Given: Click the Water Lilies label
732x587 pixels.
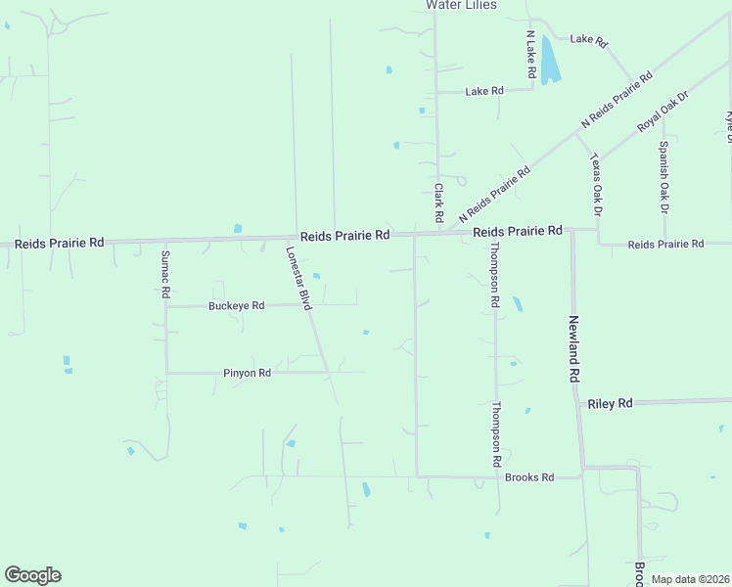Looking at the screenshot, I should pyautogui.click(x=461, y=5).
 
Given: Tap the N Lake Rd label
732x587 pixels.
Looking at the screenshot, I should pyautogui.click(x=529, y=54).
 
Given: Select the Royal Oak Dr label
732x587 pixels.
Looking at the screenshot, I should pyautogui.click(x=663, y=112).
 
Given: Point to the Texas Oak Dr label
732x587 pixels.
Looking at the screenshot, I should pyautogui.click(x=597, y=184).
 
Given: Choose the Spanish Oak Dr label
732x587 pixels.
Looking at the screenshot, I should pyautogui.click(x=663, y=177).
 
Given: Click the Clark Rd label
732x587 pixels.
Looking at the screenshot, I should pyautogui.click(x=439, y=201).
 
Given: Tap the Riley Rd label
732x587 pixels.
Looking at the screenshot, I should pyautogui.click(x=610, y=403).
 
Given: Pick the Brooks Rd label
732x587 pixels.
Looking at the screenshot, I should pyautogui.click(x=529, y=477).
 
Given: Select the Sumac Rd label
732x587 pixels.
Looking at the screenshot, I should pyautogui.click(x=165, y=274).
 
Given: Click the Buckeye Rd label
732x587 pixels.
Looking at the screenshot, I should pyautogui.click(x=237, y=305).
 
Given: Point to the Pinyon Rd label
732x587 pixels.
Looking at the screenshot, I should pyautogui.click(x=247, y=373).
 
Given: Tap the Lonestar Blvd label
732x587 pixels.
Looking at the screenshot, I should pyautogui.click(x=297, y=277).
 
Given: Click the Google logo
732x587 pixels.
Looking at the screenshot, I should pyautogui.click(x=32, y=575).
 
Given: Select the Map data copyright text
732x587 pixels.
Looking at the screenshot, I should pyautogui.click(x=690, y=579).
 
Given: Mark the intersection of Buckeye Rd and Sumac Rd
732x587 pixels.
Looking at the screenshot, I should pyautogui.click(x=166, y=306).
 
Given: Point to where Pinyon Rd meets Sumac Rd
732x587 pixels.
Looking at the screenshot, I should pyautogui.click(x=166, y=373).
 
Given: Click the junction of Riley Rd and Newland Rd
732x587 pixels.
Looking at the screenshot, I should pyautogui.click(x=578, y=403).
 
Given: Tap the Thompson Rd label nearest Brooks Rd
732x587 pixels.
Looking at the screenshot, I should pyautogui.click(x=497, y=433).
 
